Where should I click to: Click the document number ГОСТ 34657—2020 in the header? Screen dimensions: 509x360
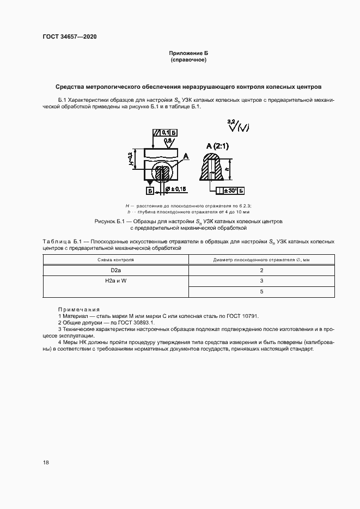coord(69,38)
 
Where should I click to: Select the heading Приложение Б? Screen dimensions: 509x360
coord(188,53)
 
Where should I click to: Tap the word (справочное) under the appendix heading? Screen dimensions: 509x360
coord(188,59)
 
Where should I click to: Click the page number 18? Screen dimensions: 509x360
coord(46,462)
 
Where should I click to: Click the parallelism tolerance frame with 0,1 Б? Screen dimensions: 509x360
coord(166,132)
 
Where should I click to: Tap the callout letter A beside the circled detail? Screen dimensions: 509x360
coord(186,156)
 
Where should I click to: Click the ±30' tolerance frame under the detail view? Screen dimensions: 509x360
coord(230,191)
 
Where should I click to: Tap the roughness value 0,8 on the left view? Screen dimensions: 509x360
coord(168,140)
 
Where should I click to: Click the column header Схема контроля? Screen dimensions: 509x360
coord(115,260)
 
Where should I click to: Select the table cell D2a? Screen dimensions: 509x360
coord(115,270)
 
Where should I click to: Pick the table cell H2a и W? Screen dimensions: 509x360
coord(115,281)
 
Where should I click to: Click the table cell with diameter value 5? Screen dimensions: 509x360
coord(261,292)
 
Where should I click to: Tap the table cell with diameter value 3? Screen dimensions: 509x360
coord(261,281)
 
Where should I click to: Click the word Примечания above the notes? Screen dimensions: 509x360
coord(79,309)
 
